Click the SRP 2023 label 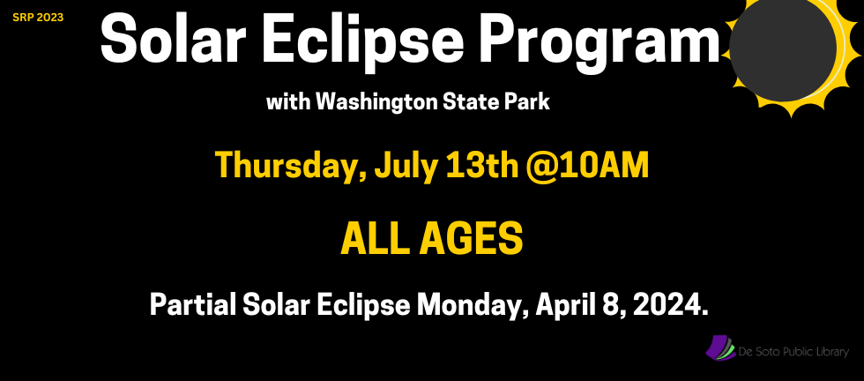37,17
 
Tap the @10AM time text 587,165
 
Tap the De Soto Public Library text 794,352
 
